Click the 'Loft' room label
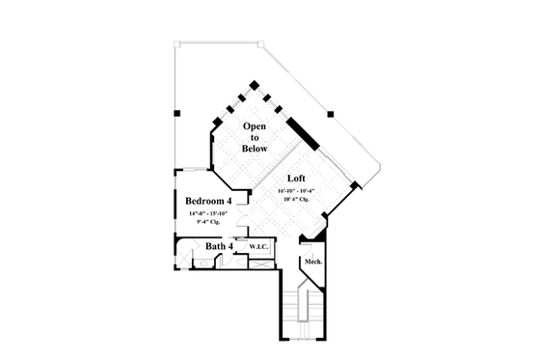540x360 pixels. point(297,180)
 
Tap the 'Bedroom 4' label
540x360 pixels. point(209,201)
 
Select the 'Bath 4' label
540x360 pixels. point(220,247)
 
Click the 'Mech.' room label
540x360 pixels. point(311,263)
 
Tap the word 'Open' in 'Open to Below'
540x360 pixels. point(256,126)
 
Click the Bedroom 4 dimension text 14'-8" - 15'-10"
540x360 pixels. point(209,214)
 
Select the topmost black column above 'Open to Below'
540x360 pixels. point(255,84)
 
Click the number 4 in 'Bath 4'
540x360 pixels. point(229,247)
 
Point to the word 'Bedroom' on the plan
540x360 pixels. point(204,201)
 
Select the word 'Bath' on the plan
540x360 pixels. point(215,247)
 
